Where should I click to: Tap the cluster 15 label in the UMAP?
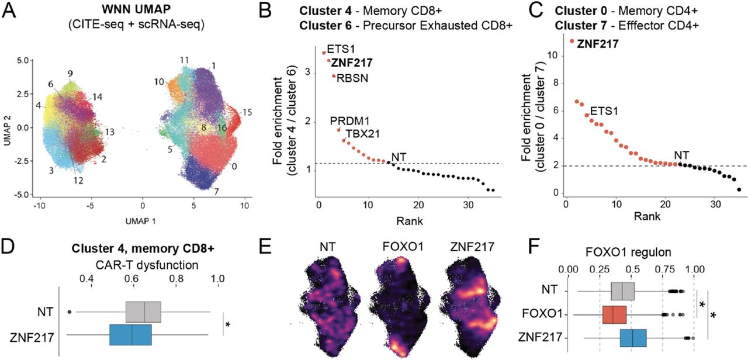coord(248,110)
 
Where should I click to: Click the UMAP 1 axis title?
coord(142,221)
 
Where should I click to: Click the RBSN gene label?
coord(350,78)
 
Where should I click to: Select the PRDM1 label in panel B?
coord(347,121)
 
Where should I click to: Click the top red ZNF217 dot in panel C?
coord(572,41)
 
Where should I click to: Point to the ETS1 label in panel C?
coord(602,110)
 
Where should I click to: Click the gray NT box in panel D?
coord(143,312)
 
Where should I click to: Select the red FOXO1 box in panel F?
coord(614,315)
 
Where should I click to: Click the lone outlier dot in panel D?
coord(70,311)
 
